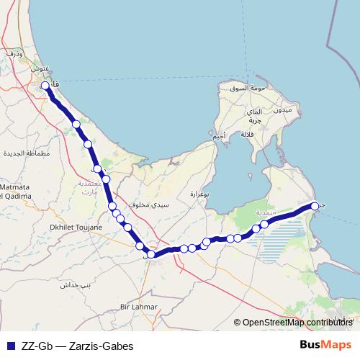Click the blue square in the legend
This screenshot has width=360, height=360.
pos(10,345)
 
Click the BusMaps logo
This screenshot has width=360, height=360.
pos(325,345)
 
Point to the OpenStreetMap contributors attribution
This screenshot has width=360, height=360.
pos(297,323)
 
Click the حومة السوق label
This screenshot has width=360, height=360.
pos(243,89)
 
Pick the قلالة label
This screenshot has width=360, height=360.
pos(248,135)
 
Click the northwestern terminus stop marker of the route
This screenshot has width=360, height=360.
pos(45,86)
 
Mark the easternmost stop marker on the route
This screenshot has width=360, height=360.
pos(315,207)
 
